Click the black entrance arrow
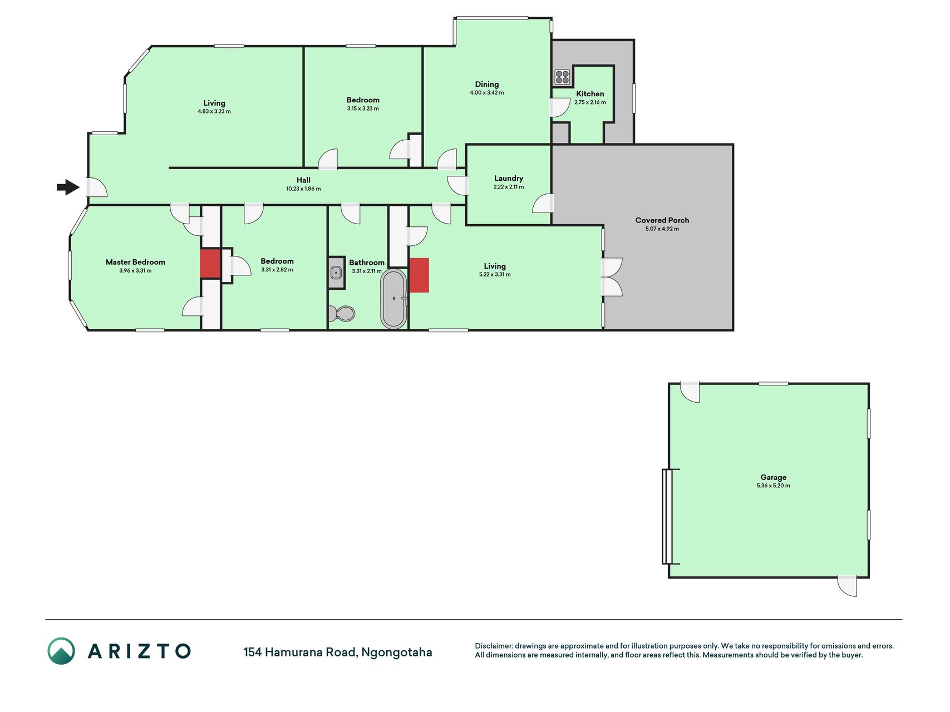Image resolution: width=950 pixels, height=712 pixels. click(68, 187)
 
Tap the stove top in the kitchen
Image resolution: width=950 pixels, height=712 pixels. click(562, 77)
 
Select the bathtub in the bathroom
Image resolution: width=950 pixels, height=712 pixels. click(394, 299)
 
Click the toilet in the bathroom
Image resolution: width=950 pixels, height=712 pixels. click(342, 314)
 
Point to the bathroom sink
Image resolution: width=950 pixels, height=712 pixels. click(336, 273)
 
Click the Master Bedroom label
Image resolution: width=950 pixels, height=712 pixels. click(135, 262)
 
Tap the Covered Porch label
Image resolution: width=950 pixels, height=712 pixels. click(662, 220)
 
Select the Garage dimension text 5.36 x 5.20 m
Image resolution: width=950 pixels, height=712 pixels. click(774, 486)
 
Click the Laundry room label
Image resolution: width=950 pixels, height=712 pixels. click(509, 179)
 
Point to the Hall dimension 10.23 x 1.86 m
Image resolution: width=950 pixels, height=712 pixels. click(303, 189)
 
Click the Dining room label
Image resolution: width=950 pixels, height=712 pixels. click(487, 85)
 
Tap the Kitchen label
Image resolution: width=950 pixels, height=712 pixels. click(590, 94)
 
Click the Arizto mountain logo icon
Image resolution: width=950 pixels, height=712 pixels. click(61, 651)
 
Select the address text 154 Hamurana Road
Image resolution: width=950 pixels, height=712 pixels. click(300, 652)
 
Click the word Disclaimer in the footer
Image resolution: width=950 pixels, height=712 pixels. click(493, 646)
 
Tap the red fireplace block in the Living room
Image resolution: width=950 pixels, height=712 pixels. click(419, 275)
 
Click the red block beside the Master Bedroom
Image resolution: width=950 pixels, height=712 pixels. click(210, 264)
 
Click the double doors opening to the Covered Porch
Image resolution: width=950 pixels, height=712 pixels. click(612, 277)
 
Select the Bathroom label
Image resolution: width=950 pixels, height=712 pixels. click(367, 263)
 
